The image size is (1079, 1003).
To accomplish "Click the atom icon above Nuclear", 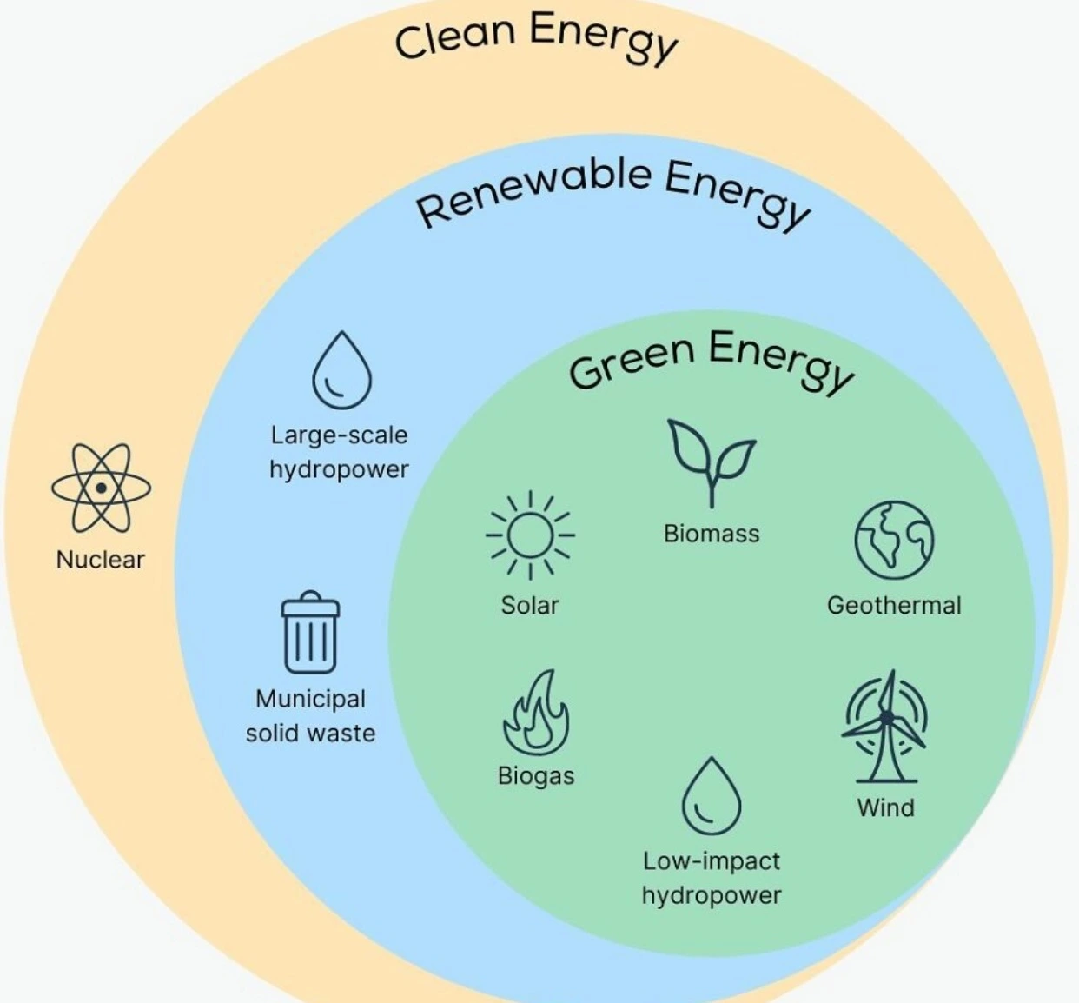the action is point(101,488).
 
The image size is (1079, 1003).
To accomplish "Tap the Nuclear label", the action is point(100,559).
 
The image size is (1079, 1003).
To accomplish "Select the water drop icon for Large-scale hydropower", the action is point(341,370).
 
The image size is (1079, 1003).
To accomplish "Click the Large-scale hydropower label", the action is point(339,452).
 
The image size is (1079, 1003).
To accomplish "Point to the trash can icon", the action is point(310,633).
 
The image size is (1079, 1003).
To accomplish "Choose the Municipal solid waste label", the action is point(311,716).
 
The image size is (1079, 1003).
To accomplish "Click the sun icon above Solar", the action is point(529,534).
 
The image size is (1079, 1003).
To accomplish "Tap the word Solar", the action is point(529,605).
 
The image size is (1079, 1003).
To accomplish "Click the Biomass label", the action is point(711,533).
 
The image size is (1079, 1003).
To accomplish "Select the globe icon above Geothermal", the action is point(894,539).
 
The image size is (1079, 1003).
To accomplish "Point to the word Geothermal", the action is point(894,605).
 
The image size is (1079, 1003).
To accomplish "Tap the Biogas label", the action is point(536,775).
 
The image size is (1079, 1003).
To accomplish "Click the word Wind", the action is point(885,807).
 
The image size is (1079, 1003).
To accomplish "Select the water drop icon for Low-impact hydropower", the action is point(711,796).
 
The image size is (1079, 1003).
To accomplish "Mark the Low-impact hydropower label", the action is point(711,878).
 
